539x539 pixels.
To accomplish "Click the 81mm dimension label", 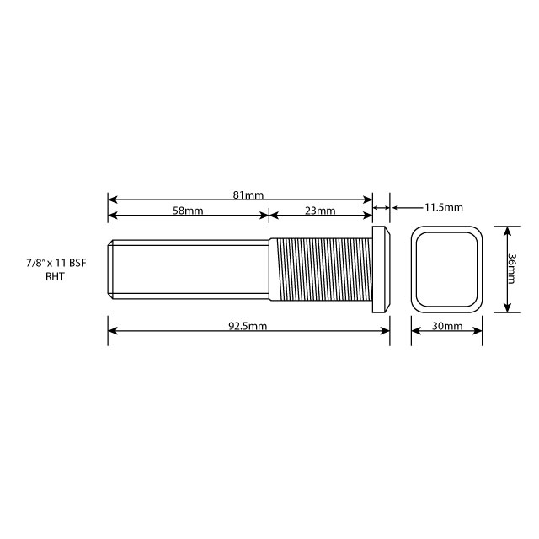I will click(248, 195).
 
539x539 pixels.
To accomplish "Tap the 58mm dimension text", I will click(188, 211).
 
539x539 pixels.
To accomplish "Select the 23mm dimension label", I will click(320, 211).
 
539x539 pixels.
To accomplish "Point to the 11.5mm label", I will click(443, 206).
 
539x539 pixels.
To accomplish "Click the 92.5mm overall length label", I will click(248, 326).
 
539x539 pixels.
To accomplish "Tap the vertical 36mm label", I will click(513, 269).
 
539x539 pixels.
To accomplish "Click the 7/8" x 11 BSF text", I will click(56, 264).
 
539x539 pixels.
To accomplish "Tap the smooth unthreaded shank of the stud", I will click(189, 269).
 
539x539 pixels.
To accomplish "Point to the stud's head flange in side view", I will click(382, 269).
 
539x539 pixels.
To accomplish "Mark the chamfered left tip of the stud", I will click(111, 269).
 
